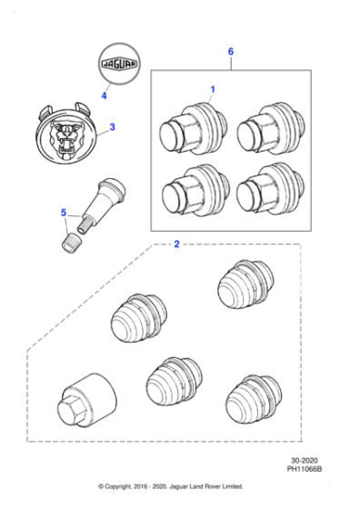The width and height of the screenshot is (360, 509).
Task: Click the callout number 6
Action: pos(231,53)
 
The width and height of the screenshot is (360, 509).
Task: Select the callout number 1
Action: pos(213,89)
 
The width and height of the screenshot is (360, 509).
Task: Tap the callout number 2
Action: pos(176,245)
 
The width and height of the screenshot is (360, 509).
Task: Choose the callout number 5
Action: pos(64,214)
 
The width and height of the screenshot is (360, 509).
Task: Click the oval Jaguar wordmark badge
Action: pos(121,63)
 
